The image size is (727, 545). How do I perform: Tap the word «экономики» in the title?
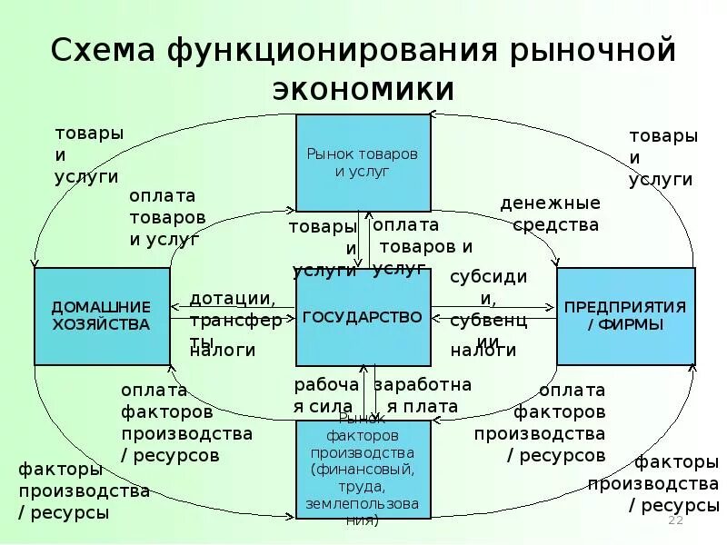(363, 89)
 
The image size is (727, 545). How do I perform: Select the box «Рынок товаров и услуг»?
(363, 163)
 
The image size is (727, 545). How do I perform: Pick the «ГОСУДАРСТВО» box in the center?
(363, 317)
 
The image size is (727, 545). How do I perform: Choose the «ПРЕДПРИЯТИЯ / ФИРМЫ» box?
(625, 316)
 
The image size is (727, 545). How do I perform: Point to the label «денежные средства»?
(549, 213)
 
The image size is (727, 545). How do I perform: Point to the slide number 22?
(675, 520)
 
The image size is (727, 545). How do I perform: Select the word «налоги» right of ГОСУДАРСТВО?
(483, 350)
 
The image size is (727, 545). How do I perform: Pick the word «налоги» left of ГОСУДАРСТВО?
(223, 350)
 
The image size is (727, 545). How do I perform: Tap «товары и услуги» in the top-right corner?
(663, 157)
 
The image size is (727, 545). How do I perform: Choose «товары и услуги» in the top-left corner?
(88, 154)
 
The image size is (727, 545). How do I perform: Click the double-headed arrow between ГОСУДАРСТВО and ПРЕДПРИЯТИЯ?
(493, 317)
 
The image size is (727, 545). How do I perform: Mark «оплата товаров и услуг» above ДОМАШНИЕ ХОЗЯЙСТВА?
(167, 218)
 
